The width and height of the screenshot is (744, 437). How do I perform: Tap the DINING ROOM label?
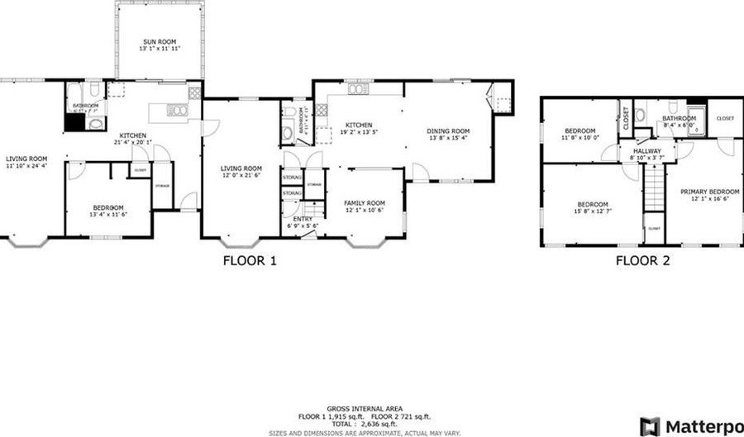tap(448, 131)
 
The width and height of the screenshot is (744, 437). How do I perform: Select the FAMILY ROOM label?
tap(365, 202)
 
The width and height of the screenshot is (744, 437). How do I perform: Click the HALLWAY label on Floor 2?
tap(647, 151)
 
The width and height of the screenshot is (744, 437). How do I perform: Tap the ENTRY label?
tap(295, 218)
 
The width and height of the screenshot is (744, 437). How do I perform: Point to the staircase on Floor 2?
tap(655, 187)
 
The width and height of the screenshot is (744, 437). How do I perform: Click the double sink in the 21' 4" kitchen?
tap(177, 109)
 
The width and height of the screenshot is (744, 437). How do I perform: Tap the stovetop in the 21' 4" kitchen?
tap(194, 93)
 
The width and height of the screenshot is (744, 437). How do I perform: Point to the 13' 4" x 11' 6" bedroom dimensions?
tap(107, 214)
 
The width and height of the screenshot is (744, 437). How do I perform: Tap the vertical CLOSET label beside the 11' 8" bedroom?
tap(626, 119)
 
